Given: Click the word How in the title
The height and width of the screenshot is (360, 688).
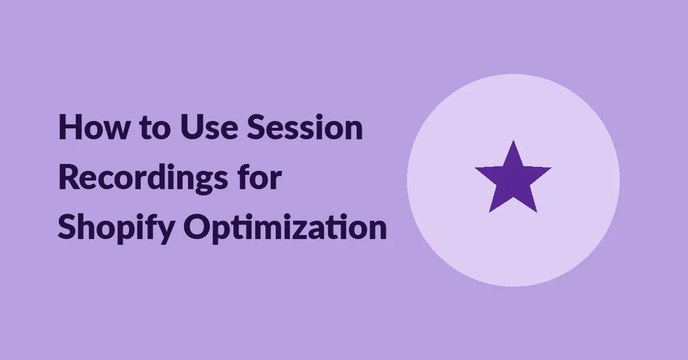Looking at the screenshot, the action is (x=93, y=127).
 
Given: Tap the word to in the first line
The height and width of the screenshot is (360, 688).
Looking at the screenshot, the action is (x=155, y=128).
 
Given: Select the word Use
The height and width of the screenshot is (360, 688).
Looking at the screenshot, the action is (x=209, y=127).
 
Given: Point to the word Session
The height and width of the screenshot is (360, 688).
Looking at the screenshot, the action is (x=305, y=127).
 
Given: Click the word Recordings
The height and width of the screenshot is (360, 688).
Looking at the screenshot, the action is (x=143, y=179).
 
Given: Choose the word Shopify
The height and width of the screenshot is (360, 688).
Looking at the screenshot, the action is (x=117, y=228).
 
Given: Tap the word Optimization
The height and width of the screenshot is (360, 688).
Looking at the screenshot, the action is (x=285, y=228).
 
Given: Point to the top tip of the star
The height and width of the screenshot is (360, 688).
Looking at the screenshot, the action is (x=513, y=141).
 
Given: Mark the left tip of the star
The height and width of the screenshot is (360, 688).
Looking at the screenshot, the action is (x=476, y=168).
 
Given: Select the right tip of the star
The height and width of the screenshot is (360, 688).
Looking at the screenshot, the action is (x=551, y=168).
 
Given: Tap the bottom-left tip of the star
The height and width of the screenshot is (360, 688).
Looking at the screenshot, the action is (x=490, y=212).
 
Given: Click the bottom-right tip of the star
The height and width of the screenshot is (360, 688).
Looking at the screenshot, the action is (x=537, y=212).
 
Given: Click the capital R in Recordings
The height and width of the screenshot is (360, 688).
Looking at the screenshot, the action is (x=69, y=178).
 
